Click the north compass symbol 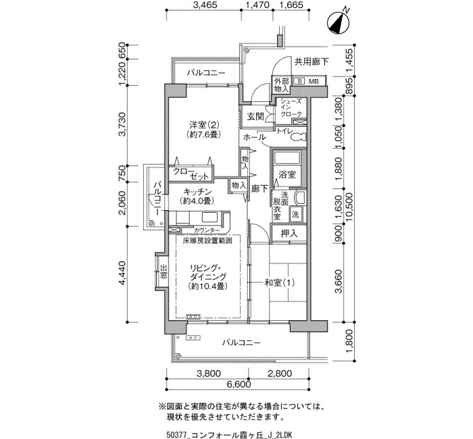(x=339, y=23)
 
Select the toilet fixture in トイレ (x=299, y=137)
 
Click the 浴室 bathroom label (x=287, y=174)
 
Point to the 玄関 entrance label (x=255, y=116)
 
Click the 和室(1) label (x=279, y=283)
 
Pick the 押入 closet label (x=289, y=233)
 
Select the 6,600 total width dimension (x=238, y=384)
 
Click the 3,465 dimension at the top (x=205, y=5)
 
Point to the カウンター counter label (x=207, y=230)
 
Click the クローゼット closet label (x=191, y=174)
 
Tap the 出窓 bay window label (x=164, y=272)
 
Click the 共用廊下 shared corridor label (x=312, y=62)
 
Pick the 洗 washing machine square (x=295, y=214)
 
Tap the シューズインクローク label (x=291, y=107)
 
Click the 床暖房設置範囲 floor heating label (x=207, y=240)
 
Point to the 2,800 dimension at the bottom (x=280, y=373)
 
